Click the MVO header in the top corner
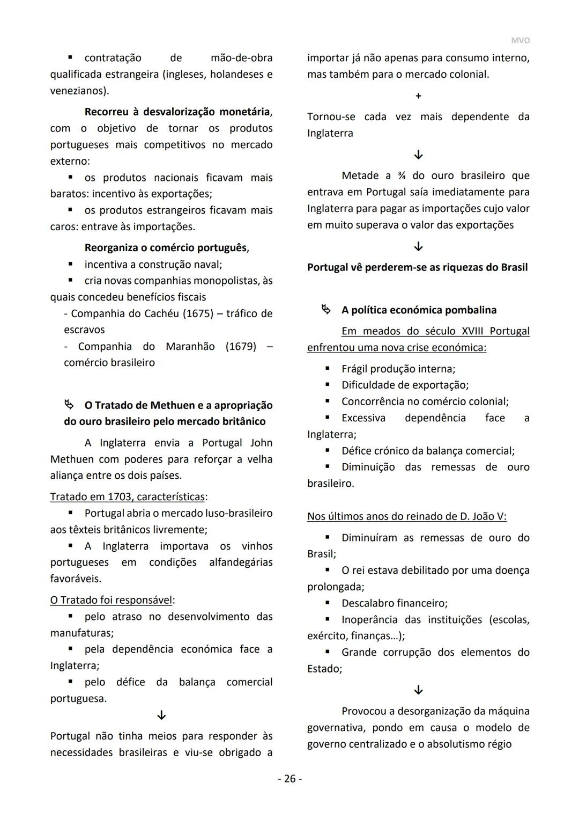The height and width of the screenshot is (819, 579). point(520,41)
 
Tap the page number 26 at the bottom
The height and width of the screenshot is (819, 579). point(289,779)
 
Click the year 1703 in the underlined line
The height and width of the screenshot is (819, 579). point(117,497)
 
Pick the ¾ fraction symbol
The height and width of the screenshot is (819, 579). point(402,176)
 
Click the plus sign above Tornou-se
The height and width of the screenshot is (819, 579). point(418,96)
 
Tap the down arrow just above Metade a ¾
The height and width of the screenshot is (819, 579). point(418,155)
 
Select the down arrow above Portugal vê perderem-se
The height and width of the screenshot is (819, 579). point(418,247)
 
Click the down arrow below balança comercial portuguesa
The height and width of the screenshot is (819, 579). point(161,715)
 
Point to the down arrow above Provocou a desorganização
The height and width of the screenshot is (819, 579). point(418,690)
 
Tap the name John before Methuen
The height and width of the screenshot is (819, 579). point(261,443)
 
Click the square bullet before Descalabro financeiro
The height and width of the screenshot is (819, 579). point(328,603)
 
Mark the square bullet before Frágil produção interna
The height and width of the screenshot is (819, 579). point(328,369)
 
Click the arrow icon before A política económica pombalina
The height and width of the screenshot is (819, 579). point(325,310)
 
